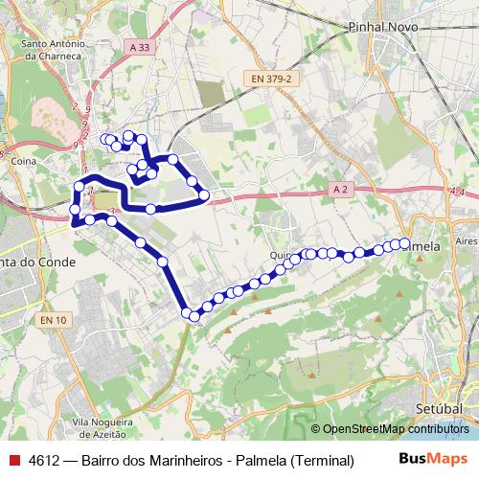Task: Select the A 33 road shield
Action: tap(139, 45)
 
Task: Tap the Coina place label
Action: tap(23, 164)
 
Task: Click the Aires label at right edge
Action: tap(467, 241)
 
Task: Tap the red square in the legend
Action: tap(13, 459)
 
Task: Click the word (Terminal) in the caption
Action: tap(320, 459)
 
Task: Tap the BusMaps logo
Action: tap(434, 458)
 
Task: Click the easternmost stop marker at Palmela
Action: tap(404, 243)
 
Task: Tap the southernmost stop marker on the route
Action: tap(194, 315)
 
